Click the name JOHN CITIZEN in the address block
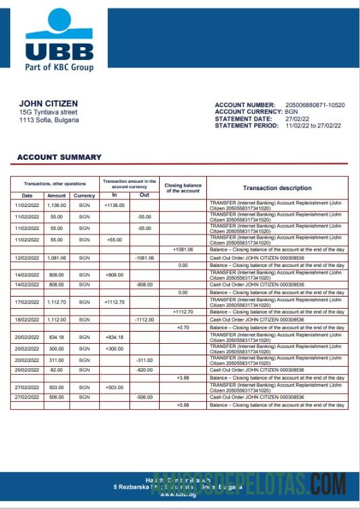tap(48, 103)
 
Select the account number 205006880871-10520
tap(315, 105)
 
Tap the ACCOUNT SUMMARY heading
tap(59, 157)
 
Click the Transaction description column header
tap(277, 188)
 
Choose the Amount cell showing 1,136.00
tap(56, 205)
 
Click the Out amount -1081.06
tap(144, 258)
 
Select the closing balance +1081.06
tap(183, 249)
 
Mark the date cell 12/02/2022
tap(28, 258)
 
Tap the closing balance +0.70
tap(183, 327)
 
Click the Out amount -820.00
tap(144, 370)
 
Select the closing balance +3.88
tap(183, 378)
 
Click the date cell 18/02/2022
tap(28, 319)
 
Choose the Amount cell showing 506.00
tap(56, 397)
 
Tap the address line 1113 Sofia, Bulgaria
tap(49, 120)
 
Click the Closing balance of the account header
tap(183, 188)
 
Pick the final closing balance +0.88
tap(183, 405)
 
